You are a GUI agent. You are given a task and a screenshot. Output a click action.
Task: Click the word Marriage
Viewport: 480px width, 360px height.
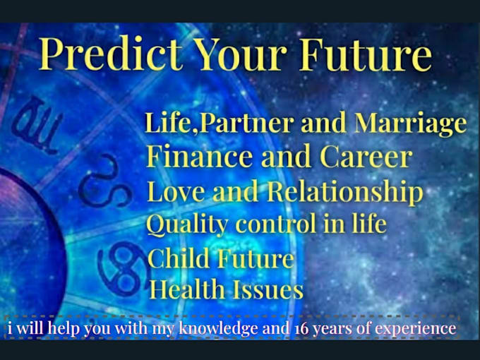tap(410, 124)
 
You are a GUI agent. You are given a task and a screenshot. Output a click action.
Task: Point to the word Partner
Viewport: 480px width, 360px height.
tap(245, 124)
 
